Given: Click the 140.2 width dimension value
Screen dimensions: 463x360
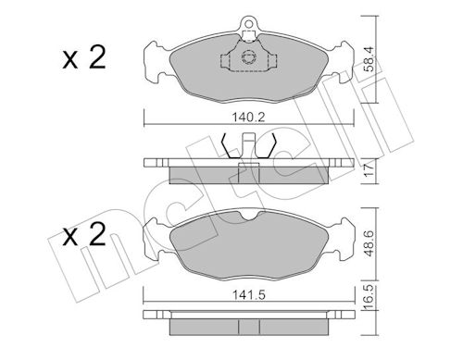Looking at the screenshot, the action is click(x=248, y=118).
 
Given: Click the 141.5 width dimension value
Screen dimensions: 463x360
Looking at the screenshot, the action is click(x=249, y=295).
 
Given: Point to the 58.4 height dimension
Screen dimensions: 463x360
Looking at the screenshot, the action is click(x=369, y=59).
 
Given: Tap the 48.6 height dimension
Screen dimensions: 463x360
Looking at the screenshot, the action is click(x=369, y=243).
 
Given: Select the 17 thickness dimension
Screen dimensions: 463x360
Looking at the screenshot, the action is click(x=369, y=170).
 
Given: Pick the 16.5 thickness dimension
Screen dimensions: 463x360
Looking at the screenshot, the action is click(x=369, y=297).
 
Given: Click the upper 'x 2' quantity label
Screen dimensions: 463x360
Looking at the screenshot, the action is click(x=84, y=57).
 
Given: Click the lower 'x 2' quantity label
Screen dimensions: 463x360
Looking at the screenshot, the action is click(x=84, y=234).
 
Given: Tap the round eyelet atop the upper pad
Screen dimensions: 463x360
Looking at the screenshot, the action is click(x=248, y=23).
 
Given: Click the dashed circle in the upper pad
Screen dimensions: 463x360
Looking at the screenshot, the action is click(x=248, y=57).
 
